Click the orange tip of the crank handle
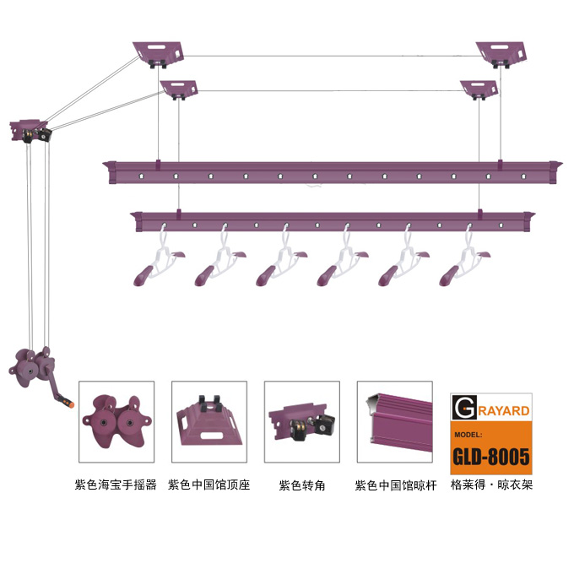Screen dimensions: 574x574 pos(70,403)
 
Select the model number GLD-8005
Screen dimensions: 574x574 pos(491,457)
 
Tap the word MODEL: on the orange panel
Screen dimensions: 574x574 pos(468,435)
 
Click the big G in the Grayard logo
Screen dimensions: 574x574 pos(464,407)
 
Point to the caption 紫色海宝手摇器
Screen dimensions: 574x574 pos(116,485)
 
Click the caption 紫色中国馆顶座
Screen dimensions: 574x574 pos(209,485)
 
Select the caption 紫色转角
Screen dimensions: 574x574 pos(302,485)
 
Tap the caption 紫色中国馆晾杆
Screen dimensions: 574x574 pos(396,485)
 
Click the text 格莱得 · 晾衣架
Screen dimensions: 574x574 pos(491,485)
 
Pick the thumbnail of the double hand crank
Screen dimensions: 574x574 pos(116,422)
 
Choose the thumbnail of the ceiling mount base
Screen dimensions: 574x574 pos(209,422)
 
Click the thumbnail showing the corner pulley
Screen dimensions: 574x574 pos(302,422)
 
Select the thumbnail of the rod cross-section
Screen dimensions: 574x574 pos(395,422)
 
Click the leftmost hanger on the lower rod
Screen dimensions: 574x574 pos(158,263)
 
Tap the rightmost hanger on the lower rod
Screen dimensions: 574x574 pos(464,263)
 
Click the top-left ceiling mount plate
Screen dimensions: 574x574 pos(158,53)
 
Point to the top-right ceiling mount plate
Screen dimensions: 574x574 pos(501,53)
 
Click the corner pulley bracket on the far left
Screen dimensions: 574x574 pos(30,131)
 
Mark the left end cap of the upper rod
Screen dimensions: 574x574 pos(110,171)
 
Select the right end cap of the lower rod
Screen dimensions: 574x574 pos(528,221)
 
